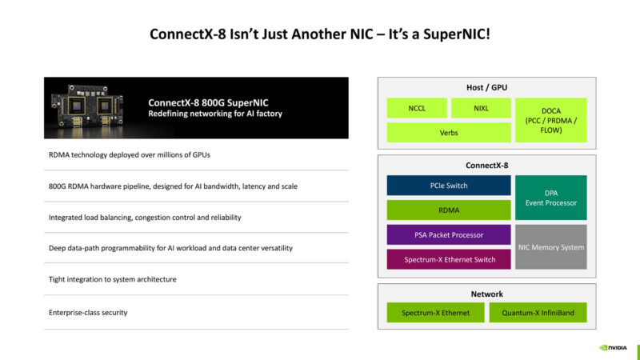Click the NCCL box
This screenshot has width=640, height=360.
(416, 108)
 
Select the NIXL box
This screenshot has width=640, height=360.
(481, 108)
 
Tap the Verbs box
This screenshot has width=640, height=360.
(449, 133)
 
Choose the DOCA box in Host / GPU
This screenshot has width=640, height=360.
(551, 120)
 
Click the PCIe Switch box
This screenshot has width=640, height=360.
(449, 186)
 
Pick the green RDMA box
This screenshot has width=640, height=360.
(449, 210)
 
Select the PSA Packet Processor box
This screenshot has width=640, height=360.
(449, 235)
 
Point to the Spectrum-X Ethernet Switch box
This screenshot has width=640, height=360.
(449, 259)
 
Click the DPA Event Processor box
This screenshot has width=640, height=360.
(551, 198)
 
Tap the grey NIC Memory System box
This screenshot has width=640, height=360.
(551, 247)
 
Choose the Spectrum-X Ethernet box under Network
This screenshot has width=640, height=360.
(435, 313)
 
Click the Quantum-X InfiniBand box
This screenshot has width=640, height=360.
(538, 313)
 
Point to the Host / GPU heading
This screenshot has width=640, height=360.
(486, 87)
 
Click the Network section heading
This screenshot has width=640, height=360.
(486, 294)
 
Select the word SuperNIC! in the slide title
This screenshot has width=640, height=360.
(457, 35)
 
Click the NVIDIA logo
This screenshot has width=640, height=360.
(614, 348)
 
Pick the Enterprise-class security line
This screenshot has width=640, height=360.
(88, 312)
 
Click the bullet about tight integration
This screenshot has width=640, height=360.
(112, 279)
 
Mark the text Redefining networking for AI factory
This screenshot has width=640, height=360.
(215, 114)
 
